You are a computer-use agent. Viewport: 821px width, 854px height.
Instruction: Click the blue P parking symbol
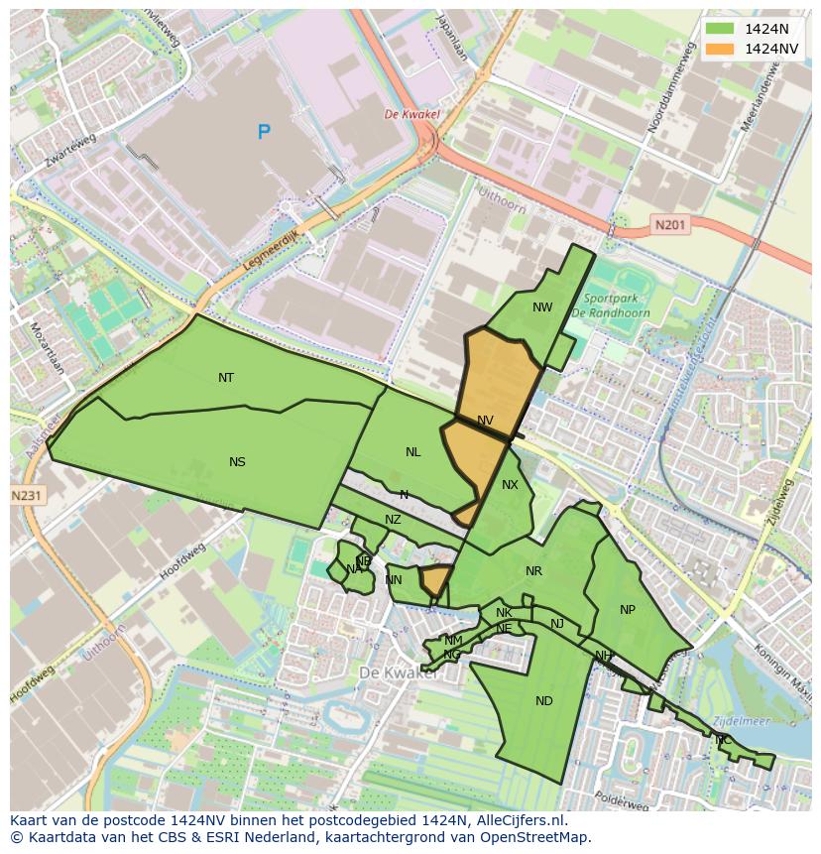(264, 131)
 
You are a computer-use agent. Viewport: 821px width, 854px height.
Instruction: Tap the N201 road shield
(670, 226)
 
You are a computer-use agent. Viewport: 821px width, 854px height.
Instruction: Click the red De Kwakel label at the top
(411, 114)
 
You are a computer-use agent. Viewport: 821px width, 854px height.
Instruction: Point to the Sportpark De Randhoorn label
(611, 305)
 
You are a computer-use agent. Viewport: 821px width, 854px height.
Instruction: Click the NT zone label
(226, 378)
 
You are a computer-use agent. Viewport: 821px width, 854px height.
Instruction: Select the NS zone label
(237, 462)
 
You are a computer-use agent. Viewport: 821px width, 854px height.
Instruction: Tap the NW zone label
(542, 307)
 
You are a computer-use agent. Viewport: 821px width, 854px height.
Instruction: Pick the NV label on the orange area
(485, 421)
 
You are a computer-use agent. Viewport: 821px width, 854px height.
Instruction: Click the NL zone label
(413, 452)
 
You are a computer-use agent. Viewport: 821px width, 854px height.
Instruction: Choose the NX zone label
(510, 485)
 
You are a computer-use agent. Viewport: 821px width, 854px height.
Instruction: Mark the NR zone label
(534, 571)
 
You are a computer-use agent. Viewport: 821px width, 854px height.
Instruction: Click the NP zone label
(627, 610)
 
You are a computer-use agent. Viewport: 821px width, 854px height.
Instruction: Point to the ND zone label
(544, 701)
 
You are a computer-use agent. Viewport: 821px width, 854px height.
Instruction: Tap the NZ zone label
(394, 520)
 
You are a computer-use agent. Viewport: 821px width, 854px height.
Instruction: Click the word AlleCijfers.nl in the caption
(517, 820)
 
